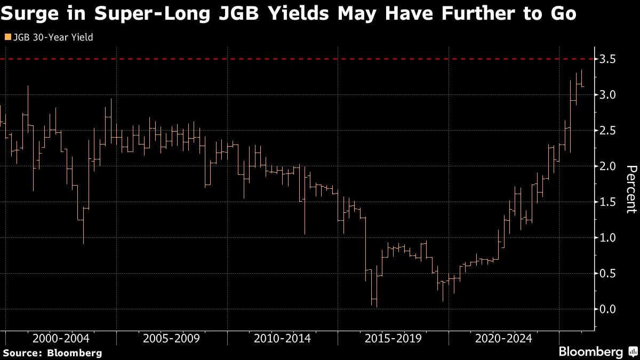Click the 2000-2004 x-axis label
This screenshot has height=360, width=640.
coord(60,339)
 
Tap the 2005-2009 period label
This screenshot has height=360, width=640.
coord(171,339)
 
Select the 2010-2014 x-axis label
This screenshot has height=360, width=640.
coord(282,339)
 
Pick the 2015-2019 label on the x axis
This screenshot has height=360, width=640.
coord(393,339)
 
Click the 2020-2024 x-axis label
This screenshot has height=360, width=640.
coord(503,339)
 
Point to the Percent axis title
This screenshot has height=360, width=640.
coord(631,189)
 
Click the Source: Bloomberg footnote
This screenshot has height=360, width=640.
coord(52,353)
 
